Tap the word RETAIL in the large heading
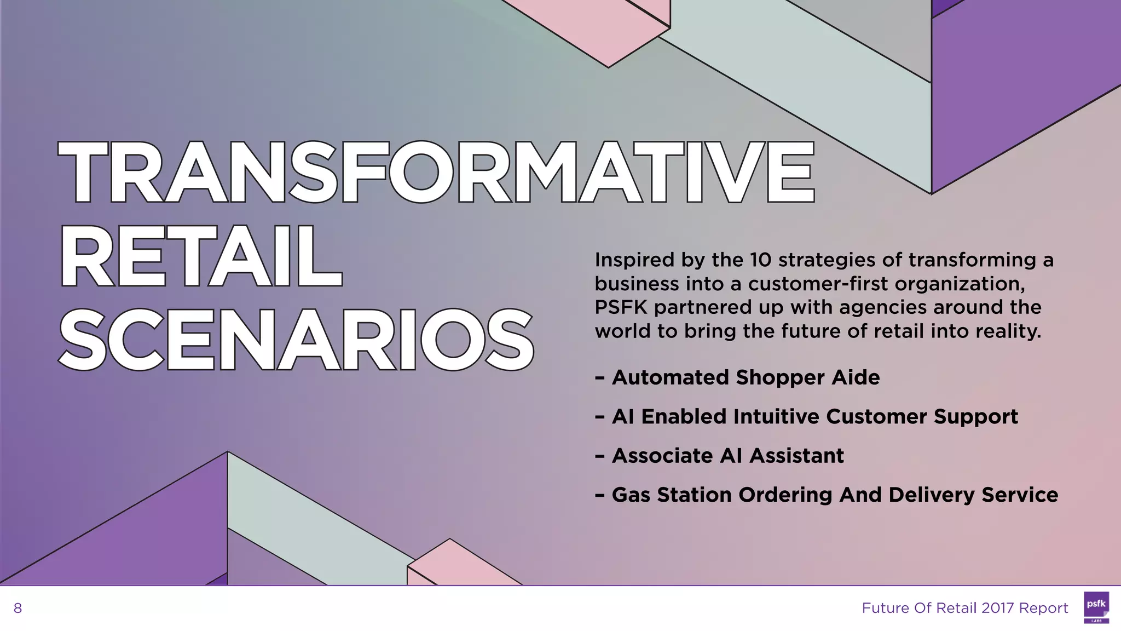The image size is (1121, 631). click(x=201, y=256)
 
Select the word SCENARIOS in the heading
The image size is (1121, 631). click(x=296, y=340)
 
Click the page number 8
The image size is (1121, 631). click(x=18, y=608)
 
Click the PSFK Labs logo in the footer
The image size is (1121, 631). click(x=1096, y=607)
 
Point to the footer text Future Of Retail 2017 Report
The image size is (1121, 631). click(x=964, y=608)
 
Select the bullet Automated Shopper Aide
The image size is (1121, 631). click(x=746, y=377)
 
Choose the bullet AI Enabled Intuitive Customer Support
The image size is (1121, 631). click(x=814, y=417)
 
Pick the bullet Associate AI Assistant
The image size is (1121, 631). click(x=727, y=456)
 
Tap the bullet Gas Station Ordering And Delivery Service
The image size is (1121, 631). click(x=835, y=495)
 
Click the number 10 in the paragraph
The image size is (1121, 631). click(x=760, y=260)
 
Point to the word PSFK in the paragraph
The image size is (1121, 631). click(x=621, y=307)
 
